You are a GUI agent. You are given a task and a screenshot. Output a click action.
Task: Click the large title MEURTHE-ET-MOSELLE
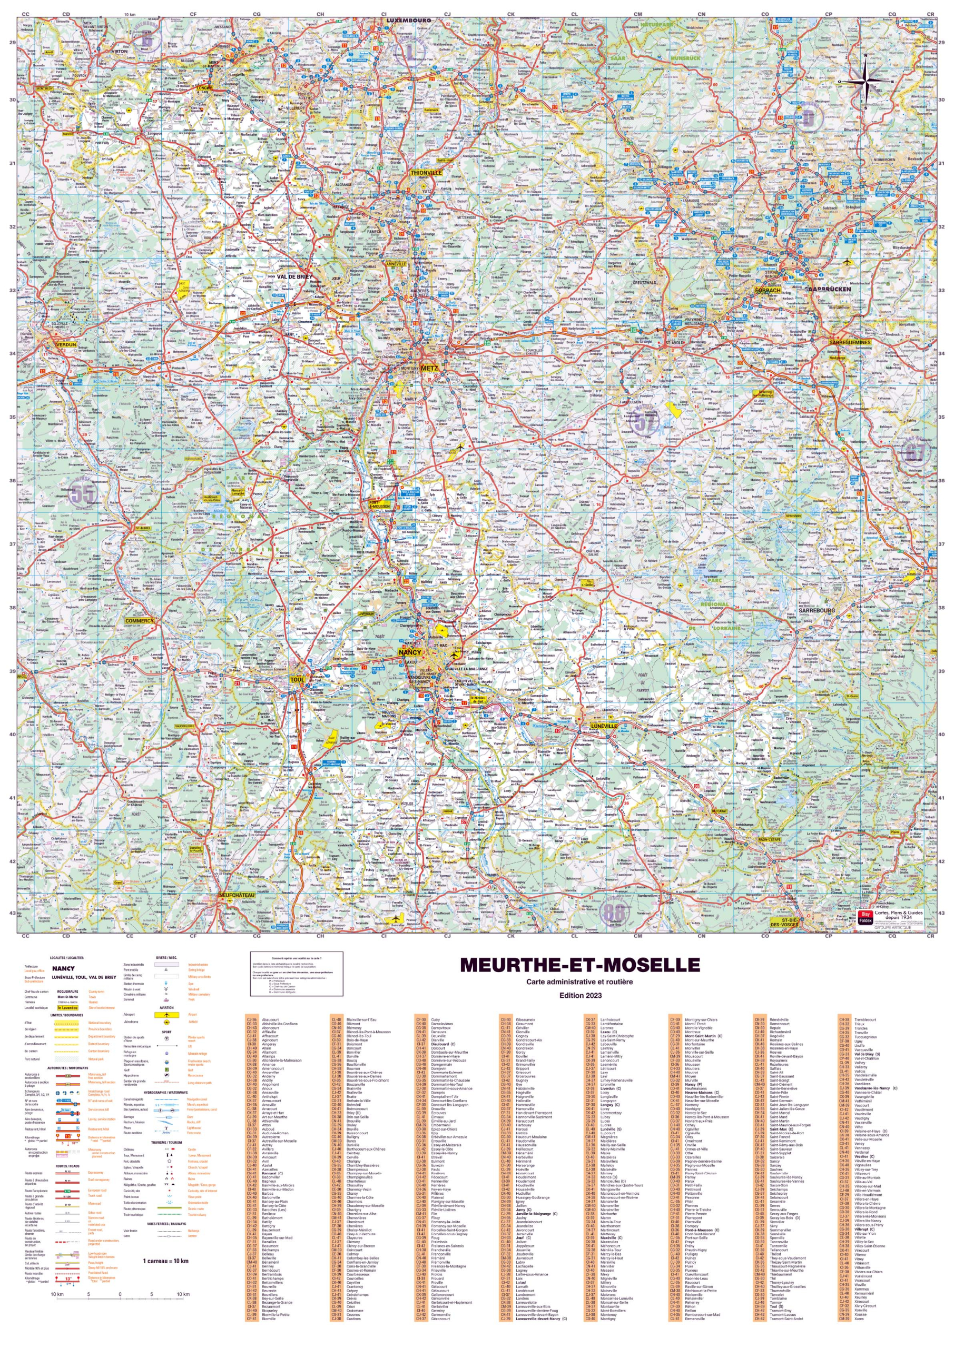click(x=580, y=965)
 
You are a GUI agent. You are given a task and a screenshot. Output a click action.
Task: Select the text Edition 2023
click(x=581, y=995)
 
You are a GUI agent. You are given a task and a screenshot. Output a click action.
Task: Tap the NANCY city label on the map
click(x=409, y=652)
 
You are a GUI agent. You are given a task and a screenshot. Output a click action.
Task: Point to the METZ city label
click(x=429, y=368)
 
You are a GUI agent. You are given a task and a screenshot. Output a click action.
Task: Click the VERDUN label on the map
click(x=65, y=344)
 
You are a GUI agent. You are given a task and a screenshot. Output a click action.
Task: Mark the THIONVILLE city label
click(x=426, y=173)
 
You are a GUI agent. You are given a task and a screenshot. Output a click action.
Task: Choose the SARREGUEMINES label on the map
click(x=851, y=342)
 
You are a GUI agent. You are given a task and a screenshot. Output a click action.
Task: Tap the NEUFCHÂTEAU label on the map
click(x=236, y=896)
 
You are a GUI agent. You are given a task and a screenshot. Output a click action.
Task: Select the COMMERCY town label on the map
click(x=139, y=621)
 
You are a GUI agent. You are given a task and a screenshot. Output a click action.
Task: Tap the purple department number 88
click(x=614, y=913)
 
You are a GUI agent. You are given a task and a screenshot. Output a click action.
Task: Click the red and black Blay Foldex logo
click(x=864, y=918)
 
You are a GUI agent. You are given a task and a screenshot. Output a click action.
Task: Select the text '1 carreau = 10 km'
click(x=165, y=1261)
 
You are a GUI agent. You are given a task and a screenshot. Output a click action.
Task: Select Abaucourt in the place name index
click(x=271, y=1020)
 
